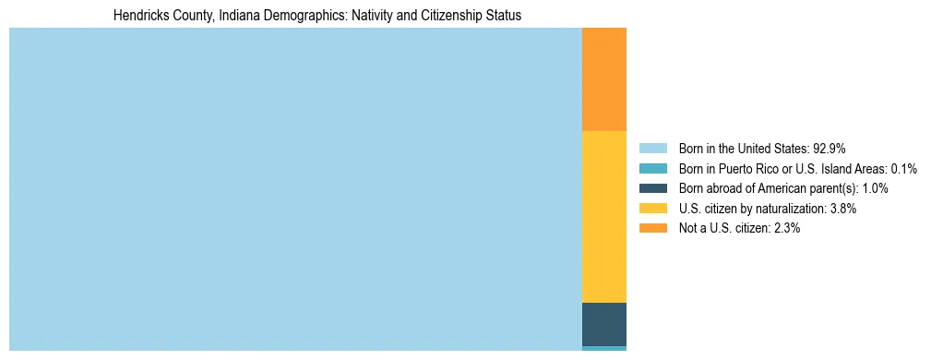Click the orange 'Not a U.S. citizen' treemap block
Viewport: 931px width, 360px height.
click(603, 79)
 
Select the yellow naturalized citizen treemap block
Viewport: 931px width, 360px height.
click(603, 217)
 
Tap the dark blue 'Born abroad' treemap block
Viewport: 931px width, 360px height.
click(603, 324)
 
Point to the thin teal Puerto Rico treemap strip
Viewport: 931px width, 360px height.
click(603, 348)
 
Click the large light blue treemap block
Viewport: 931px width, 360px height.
click(295, 189)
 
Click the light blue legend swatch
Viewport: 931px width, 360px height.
click(652, 149)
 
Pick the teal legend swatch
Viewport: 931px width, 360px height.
click(652, 169)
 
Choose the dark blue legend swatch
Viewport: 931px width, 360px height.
click(652, 188)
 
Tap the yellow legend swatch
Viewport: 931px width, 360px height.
click(652, 209)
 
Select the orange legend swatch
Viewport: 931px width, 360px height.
click(652, 229)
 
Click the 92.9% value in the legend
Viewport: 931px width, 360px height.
click(829, 149)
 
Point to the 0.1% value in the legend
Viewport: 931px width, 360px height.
click(903, 169)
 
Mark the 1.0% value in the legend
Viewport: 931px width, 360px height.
click(875, 188)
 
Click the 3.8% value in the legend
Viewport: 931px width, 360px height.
click(842, 209)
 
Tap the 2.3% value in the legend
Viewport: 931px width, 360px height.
click(786, 229)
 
